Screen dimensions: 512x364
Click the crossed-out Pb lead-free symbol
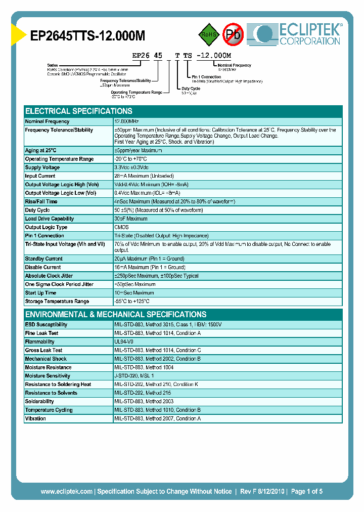[x=234, y=34]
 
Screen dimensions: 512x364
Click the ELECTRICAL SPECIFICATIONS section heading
[x=79, y=111]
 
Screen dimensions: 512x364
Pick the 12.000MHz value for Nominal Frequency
[x=126, y=121]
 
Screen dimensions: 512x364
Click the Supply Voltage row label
[x=42, y=167]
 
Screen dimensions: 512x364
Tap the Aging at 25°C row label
[x=41, y=150]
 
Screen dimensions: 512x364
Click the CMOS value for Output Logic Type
[x=121, y=227]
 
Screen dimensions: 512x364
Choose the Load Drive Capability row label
[x=50, y=219]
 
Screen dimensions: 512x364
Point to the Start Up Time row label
[x=41, y=292]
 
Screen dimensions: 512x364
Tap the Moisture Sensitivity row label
[x=48, y=376]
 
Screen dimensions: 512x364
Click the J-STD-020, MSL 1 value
[x=134, y=376]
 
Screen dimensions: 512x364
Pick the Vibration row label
[x=35, y=418]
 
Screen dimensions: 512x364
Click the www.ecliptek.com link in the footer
[x=66, y=491]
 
